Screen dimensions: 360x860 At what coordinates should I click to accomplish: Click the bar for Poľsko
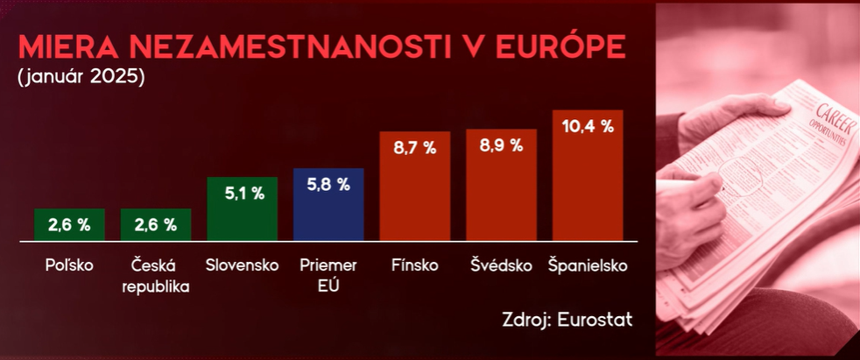click(69, 225)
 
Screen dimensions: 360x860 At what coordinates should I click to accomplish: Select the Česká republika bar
click(156, 225)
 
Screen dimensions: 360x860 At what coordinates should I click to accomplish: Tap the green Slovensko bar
click(242, 209)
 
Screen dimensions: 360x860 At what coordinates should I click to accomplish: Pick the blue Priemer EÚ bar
click(328, 205)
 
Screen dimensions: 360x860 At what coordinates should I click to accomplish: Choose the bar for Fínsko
click(414, 186)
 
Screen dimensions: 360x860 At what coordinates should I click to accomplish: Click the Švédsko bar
click(501, 185)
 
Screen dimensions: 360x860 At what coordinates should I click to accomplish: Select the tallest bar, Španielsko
click(587, 175)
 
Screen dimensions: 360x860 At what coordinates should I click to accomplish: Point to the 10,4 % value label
click(587, 128)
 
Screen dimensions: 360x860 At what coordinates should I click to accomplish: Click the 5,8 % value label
click(328, 185)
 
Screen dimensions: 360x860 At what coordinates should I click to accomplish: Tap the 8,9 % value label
click(501, 146)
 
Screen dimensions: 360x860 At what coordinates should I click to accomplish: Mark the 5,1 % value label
click(243, 194)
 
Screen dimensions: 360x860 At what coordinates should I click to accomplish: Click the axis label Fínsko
click(414, 265)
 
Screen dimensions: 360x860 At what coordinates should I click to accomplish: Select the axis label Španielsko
click(587, 265)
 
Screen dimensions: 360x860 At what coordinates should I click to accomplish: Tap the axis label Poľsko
click(69, 265)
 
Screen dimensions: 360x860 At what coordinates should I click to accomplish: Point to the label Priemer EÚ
click(328, 274)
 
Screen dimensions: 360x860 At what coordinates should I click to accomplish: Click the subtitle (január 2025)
click(80, 77)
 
